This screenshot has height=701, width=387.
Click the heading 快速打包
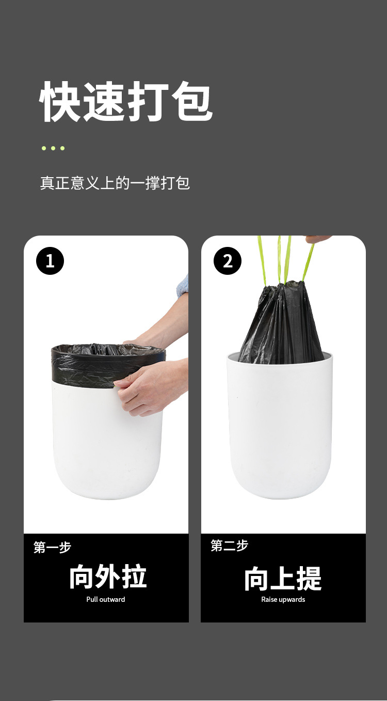[x=126, y=102]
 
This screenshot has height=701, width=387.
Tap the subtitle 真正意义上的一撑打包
[x=115, y=183]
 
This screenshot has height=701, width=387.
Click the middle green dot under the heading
[x=53, y=148]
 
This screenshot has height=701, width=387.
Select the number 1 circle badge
[x=50, y=261]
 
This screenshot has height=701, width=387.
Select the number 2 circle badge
[x=228, y=261]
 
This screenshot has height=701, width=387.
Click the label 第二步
[x=229, y=546]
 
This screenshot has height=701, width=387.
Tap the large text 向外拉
[x=108, y=577]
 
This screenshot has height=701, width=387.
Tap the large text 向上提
[x=283, y=578]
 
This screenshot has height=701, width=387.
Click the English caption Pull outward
[x=106, y=599]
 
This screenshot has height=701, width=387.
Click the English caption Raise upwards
[x=283, y=599]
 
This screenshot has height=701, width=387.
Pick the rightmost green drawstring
[x=309, y=261]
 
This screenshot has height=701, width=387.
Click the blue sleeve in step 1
[x=183, y=286]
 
